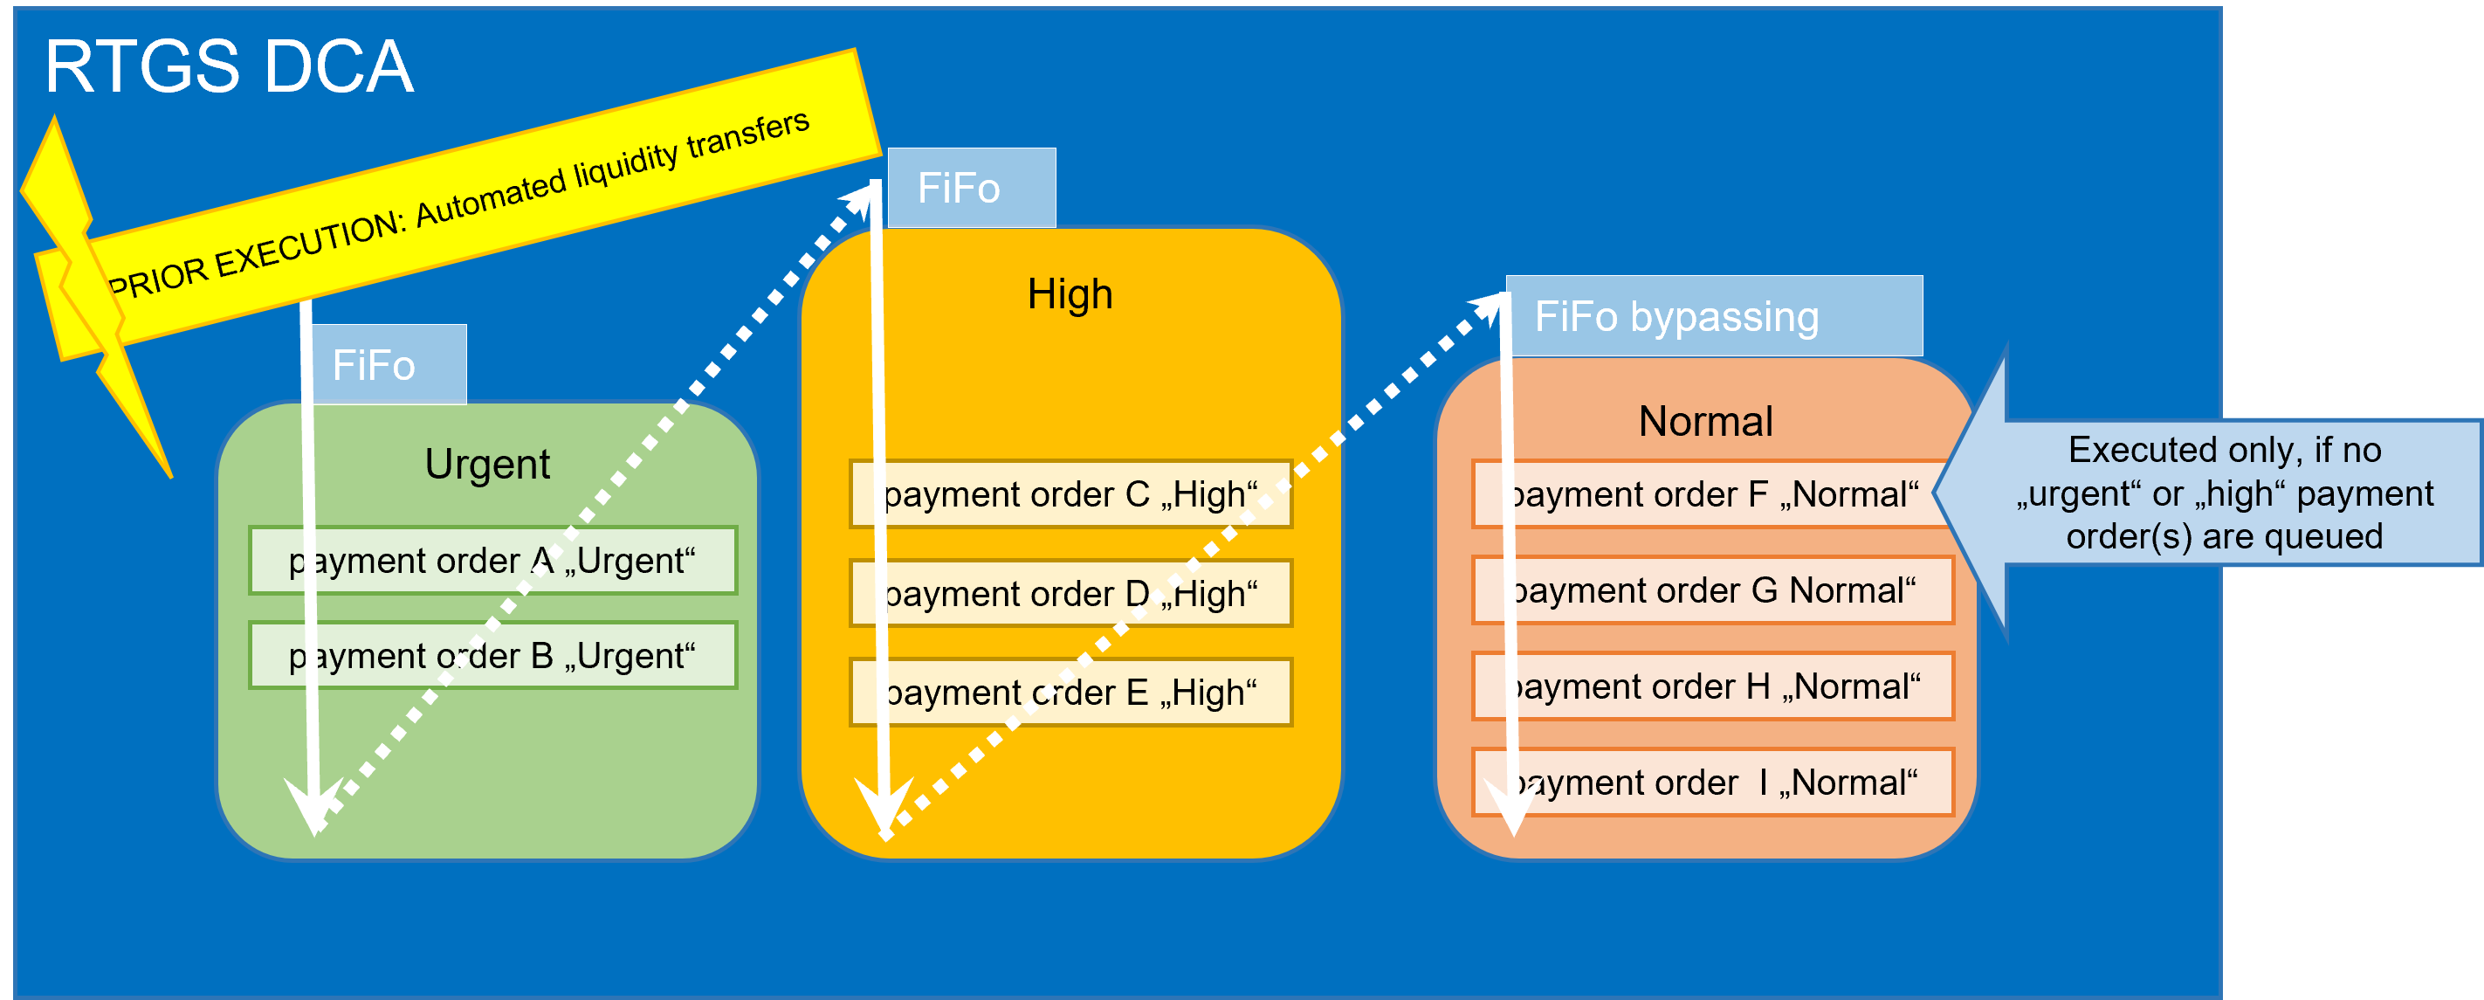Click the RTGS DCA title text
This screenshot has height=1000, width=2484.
[x=230, y=67]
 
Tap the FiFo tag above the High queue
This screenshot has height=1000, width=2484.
[x=970, y=188]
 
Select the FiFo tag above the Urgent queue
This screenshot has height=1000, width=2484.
[x=386, y=365]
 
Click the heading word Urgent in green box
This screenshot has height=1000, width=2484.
[x=487, y=465]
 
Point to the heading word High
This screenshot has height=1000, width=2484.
[x=1070, y=294]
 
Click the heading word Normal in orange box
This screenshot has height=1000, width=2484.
[x=1705, y=422]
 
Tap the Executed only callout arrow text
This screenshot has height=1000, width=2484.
[x=2224, y=493]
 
